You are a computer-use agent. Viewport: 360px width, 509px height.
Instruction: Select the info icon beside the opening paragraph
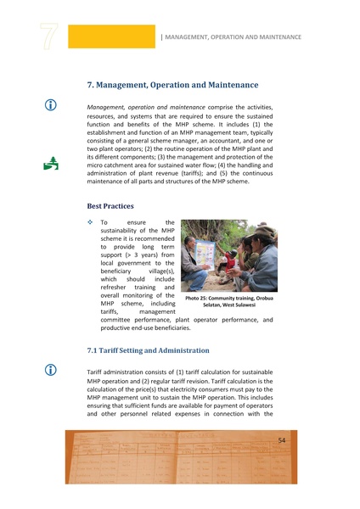[x=51, y=104]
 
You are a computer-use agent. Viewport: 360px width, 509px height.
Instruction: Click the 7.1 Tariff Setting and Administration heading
[x=160, y=350]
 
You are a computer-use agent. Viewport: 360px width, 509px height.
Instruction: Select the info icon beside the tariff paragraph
[x=51, y=371]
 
